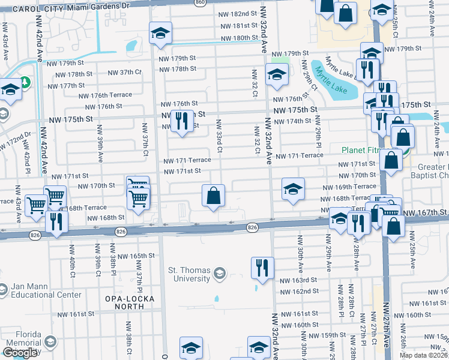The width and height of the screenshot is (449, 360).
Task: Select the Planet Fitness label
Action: [366, 150]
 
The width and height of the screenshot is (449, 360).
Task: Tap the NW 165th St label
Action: [136, 256]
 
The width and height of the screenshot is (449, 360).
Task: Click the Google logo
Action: [20, 353]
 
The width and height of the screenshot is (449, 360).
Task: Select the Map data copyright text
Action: [423, 355]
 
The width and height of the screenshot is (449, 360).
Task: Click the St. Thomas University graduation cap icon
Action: [220, 274]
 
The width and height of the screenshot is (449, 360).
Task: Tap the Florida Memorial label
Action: [21, 339]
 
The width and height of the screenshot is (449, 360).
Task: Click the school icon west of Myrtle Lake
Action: [276, 76]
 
